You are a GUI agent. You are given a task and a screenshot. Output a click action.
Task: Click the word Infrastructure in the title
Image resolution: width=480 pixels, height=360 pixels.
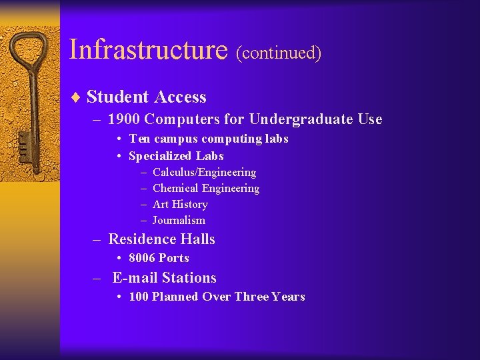point(148,49)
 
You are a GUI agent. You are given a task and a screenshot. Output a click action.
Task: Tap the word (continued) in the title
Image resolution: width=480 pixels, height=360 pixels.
point(279,53)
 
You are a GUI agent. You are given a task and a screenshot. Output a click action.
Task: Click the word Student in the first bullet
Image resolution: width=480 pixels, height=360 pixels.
point(118,97)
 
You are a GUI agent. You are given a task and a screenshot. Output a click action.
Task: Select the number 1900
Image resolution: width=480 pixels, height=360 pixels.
point(123,119)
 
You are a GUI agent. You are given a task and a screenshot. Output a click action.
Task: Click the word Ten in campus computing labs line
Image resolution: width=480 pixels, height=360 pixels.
point(139,139)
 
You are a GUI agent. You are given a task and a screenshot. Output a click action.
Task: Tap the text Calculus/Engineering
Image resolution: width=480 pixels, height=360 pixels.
point(204,173)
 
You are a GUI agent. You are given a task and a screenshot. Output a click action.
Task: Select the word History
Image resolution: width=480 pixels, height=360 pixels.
point(190,205)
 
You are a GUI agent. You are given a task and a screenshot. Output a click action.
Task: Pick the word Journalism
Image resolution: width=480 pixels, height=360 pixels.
point(179,221)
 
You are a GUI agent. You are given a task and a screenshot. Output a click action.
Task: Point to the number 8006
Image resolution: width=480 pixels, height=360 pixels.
point(141,258)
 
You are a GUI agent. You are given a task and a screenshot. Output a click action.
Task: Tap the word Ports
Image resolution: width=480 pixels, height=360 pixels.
point(174,258)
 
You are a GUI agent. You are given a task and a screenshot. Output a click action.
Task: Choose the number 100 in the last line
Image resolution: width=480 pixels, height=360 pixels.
point(139,297)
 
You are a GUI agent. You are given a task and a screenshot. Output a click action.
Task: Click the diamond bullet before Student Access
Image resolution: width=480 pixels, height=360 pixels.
point(76,98)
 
